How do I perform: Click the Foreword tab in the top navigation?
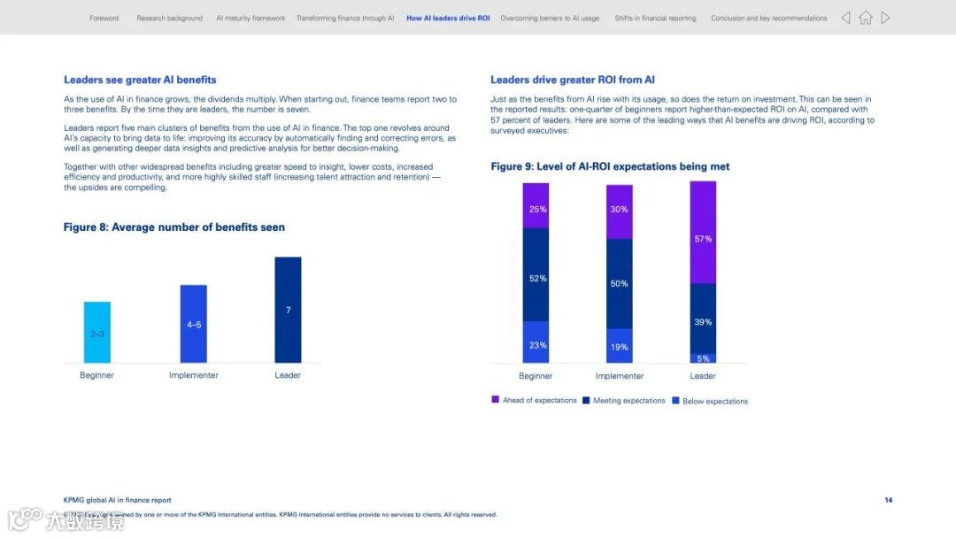104,18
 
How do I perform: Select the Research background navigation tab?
169,18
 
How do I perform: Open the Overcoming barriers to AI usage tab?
550,18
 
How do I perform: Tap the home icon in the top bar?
865,18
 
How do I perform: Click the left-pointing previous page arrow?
845,18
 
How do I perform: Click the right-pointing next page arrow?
885,18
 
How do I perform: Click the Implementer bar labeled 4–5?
194,324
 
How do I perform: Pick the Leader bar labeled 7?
288,310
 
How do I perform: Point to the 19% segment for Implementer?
619,346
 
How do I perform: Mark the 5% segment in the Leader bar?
703,358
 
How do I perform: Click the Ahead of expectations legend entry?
534,401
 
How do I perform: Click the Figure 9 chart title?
610,166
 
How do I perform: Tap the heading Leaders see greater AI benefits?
140,80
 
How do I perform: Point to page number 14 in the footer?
888,500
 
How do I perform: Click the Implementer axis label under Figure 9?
619,376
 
